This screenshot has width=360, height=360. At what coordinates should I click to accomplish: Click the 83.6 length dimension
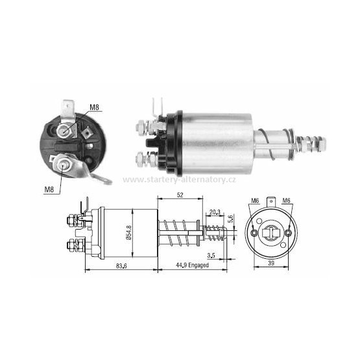point(121,266)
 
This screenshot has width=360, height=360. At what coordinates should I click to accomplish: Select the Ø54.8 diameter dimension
point(129,233)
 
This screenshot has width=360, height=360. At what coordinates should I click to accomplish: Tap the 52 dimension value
point(180,195)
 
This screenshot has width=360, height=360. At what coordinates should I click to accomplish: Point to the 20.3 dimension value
point(215,212)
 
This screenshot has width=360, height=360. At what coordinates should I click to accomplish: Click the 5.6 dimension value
point(231,219)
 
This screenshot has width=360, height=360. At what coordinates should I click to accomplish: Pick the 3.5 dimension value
point(211,256)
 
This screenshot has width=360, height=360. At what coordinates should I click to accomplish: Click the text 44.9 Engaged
point(192,265)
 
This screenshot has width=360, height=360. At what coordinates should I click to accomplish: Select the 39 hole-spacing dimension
point(271,263)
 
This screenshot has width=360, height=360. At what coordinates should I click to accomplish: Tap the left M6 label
point(255,201)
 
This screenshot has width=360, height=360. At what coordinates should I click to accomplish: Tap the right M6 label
point(286,200)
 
